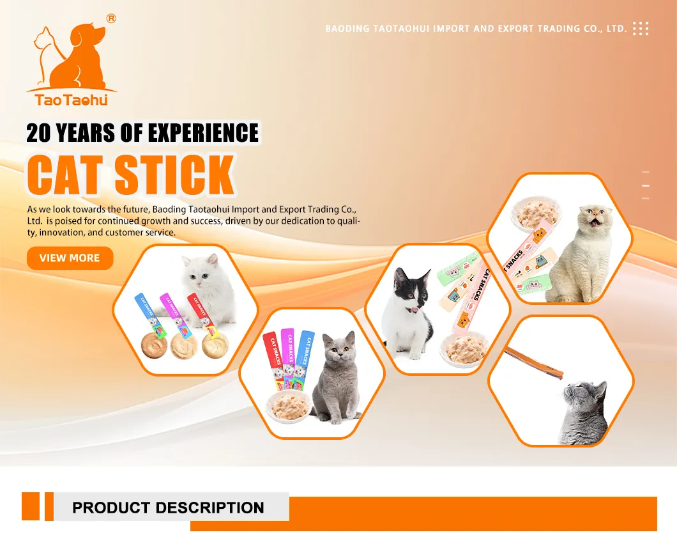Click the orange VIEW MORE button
pyautogui.click(x=70, y=258)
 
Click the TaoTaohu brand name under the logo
pyautogui.click(x=72, y=100)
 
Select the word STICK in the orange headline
pyautogui.click(x=174, y=174)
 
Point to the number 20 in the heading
pyautogui.click(x=39, y=133)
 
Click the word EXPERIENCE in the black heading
pyautogui.click(x=204, y=133)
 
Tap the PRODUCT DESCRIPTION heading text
pyautogui.click(x=168, y=508)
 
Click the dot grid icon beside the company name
pyautogui.click(x=640, y=29)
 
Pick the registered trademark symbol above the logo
pyautogui.click(x=111, y=19)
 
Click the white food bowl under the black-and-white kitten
pyautogui.click(x=466, y=350)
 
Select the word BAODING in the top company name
pyautogui.click(x=347, y=29)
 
